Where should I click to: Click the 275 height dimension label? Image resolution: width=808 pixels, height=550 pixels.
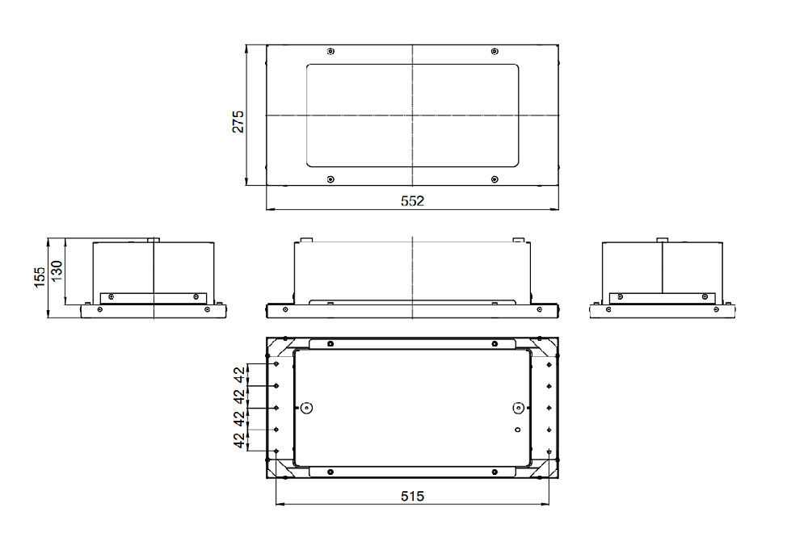tap(238, 121)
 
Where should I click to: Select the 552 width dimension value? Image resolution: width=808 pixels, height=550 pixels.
tap(412, 201)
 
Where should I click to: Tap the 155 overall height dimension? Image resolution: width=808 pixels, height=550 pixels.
tap(40, 277)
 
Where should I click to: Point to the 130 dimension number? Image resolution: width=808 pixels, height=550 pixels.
tap(57, 271)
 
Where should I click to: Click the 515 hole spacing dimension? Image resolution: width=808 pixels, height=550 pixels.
tap(412, 496)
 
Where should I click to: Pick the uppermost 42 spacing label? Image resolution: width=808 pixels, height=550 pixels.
tap(239, 375)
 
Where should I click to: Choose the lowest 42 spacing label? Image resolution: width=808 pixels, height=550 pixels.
tap(239, 440)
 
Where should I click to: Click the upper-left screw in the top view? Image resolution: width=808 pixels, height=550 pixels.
tap(330, 51)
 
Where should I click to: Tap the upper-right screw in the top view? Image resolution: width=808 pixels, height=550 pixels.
tap(494, 51)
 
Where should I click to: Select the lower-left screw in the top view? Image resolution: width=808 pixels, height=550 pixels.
tap(330, 179)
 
